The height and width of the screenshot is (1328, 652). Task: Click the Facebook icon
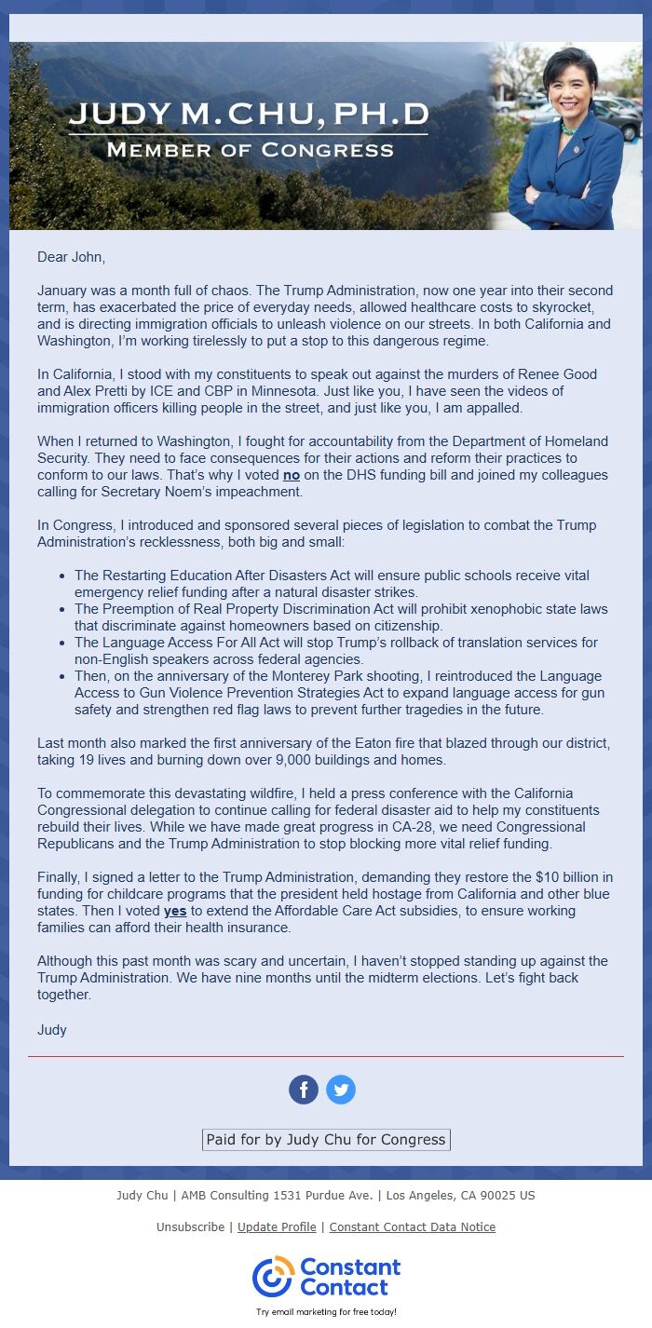coord(304,1090)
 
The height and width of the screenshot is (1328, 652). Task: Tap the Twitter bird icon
coord(341,1090)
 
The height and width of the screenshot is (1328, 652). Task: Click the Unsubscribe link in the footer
coord(190,1227)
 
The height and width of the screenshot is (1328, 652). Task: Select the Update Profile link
coord(277,1227)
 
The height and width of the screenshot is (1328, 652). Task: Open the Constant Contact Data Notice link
coord(412,1227)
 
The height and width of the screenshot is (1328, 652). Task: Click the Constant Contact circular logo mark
coord(273,1277)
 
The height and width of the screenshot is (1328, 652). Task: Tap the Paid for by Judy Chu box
coord(326,1140)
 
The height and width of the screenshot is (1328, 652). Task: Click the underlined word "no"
coord(292,475)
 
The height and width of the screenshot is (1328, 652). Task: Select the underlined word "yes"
coord(175,911)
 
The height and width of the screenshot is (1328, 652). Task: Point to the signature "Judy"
coord(52,1030)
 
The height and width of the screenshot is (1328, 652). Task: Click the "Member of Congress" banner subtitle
coord(250,150)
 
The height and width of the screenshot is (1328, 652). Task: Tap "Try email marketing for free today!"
coord(326,1311)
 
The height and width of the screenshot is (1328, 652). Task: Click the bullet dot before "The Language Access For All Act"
coord(62,643)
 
